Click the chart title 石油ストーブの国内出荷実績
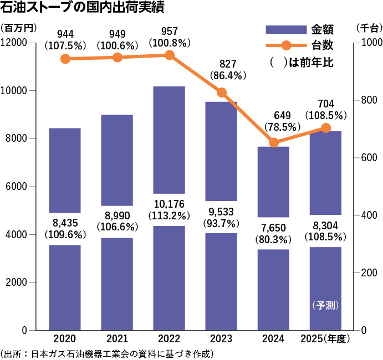coord(83,9)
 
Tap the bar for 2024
coord(274,288)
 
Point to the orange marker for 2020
coord(65,59)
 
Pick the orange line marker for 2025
coord(326,128)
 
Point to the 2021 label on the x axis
coord(117,338)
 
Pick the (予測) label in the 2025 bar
coord(325,305)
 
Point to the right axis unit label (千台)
coord(367,28)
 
